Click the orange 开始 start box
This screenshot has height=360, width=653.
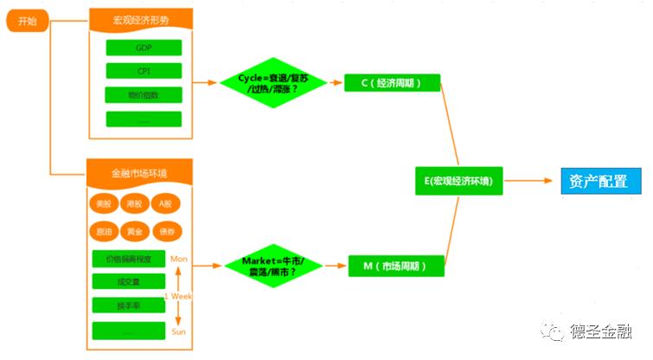(x=27, y=22)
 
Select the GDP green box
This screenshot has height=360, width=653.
(x=144, y=48)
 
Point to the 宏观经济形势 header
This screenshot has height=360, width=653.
(x=141, y=19)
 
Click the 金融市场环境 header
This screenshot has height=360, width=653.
(x=140, y=173)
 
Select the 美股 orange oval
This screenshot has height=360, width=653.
(x=103, y=205)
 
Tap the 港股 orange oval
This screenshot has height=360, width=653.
(x=134, y=205)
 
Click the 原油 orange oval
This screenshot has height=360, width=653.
(x=103, y=232)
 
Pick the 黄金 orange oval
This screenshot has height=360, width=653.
(x=134, y=232)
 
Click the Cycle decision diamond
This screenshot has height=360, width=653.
(x=271, y=83)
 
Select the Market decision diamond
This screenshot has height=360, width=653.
(x=271, y=266)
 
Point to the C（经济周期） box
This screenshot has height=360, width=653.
(x=392, y=83)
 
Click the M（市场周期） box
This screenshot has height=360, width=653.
(x=396, y=266)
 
